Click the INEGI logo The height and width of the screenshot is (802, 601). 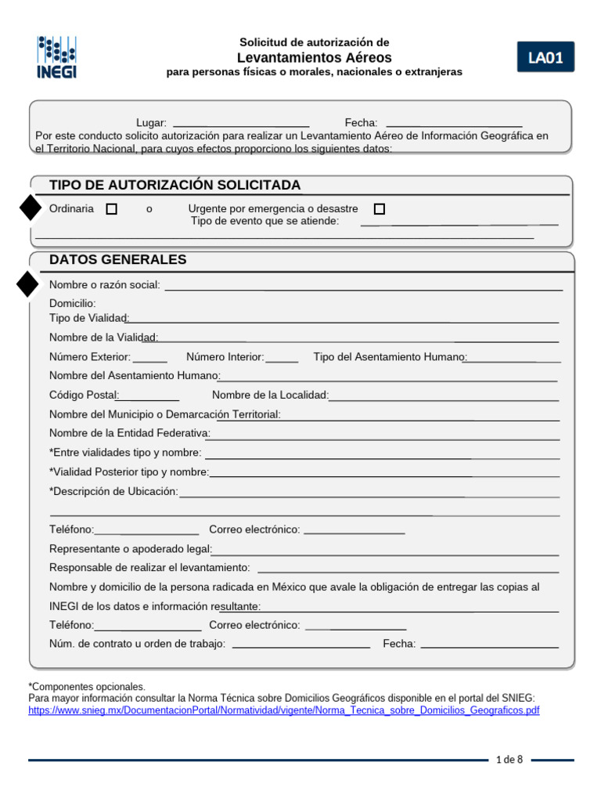[x=56, y=57]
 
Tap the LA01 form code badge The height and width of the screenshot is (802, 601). [x=545, y=57]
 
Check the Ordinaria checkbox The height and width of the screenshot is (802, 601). [x=112, y=209]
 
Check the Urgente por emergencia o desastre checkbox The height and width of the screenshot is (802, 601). [x=380, y=209]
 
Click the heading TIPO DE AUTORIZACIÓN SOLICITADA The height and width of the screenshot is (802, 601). [x=175, y=185]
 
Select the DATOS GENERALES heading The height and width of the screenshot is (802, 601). [x=117, y=260]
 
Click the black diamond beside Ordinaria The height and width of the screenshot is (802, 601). [x=30, y=208]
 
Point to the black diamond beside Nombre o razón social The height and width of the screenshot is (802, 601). [x=27, y=284]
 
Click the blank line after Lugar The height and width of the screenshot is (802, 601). [x=240, y=125]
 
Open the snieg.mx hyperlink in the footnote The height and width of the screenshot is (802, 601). [x=283, y=710]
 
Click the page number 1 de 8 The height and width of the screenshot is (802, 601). [x=509, y=760]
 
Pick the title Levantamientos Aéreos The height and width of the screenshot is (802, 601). [x=314, y=58]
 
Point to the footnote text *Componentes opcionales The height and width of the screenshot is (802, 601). [x=87, y=686]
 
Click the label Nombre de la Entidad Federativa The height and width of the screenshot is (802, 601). [x=129, y=433]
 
